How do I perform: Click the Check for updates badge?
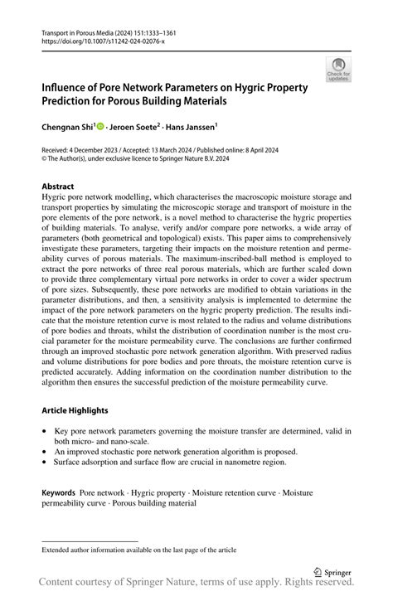coord(337,69)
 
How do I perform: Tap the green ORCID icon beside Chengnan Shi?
coord(100,127)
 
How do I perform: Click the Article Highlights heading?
coord(77,410)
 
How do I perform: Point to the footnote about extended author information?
coord(138,549)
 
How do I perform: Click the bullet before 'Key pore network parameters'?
coord(45,431)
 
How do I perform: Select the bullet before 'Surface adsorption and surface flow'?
coord(45,463)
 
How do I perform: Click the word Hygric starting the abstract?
coord(55,199)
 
